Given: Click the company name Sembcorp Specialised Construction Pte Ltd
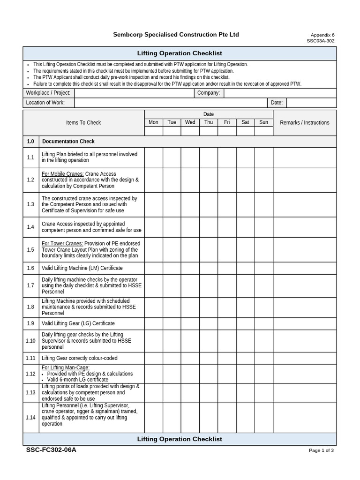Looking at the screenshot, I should coord(176,35).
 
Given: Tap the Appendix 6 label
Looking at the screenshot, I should coord(322,35).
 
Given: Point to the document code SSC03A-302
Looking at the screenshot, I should coord(321,41).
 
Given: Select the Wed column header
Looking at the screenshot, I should coord(190,122).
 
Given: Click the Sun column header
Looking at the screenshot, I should coord(263,122).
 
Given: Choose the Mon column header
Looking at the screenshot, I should coord(153,122).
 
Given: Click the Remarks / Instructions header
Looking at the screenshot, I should coord(304,123).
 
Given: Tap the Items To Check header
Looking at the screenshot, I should coord(83,123).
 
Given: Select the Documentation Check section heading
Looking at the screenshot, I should coord(68,142).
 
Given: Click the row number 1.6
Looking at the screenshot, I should coord(30,268).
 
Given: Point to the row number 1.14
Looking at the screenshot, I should coord(30,417).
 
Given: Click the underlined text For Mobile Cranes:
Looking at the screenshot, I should coord(63,174).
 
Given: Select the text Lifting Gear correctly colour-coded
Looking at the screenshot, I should coord(79,358).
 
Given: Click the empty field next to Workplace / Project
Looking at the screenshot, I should coord(134,93).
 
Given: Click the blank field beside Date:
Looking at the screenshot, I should coord(311,103).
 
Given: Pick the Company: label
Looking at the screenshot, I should coord(209,93).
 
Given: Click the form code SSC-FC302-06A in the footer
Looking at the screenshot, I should coord(52,450).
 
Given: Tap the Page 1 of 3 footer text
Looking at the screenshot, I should coord(321,450).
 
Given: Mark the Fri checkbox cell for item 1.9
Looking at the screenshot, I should coord(227,323).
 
